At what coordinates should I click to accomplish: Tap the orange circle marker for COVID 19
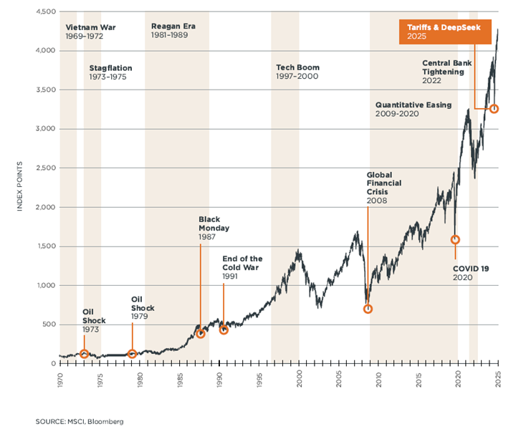pos(455,239)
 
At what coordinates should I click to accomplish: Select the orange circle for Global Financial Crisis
pos(368,309)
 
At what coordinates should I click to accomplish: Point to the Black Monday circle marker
pos(201,334)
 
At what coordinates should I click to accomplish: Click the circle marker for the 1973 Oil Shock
pos(84,354)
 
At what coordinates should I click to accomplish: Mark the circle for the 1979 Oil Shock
pos(132,354)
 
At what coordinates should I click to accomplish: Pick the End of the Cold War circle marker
pos(224,330)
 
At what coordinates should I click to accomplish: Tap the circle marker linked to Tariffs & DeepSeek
pos(494,108)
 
